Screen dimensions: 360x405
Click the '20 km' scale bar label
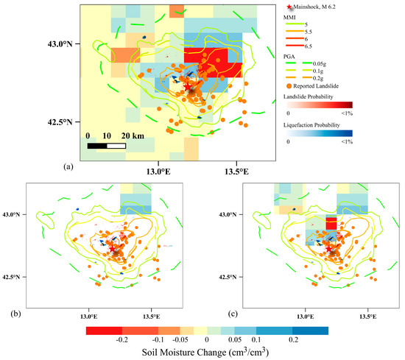[x=131, y=136]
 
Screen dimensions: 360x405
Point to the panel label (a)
[x=69, y=167]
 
